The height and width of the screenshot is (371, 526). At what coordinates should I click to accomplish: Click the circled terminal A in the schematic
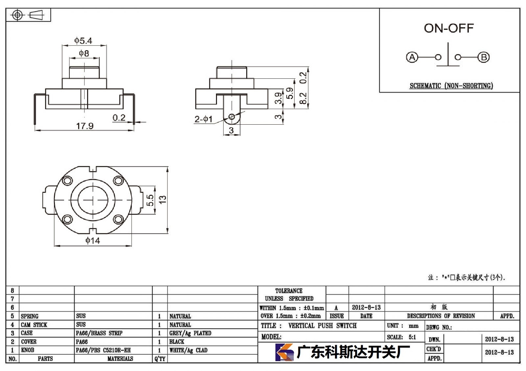point(412,57)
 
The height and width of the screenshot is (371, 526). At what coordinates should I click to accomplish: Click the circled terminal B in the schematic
point(484,57)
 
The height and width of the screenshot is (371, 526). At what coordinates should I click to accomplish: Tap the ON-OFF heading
point(449,28)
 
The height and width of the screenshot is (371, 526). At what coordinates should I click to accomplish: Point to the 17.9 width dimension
point(85,126)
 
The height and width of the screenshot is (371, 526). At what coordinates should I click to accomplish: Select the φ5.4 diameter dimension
point(84,41)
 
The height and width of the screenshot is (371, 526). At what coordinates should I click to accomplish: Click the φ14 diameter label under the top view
point(93,240)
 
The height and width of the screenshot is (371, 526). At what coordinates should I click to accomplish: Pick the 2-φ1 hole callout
point(203,119)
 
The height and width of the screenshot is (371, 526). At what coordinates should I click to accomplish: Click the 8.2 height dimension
point(303,98)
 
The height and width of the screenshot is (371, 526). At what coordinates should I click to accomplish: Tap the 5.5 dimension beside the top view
point(150,200)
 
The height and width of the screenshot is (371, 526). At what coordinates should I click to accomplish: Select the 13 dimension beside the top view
point(162,200)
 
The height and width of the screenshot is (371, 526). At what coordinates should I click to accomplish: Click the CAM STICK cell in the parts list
point(34,325)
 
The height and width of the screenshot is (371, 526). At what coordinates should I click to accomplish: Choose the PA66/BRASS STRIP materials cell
point(99,333)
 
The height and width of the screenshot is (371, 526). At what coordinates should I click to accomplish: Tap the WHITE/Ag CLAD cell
point(188,350)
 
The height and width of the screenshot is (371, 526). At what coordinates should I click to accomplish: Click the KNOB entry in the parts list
point(28,350)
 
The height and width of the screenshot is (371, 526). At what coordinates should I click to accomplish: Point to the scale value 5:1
point(412,337)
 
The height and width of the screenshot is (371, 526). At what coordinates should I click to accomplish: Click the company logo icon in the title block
point(284,352)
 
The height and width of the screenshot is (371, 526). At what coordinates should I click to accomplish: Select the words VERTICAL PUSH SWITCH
point(323,326)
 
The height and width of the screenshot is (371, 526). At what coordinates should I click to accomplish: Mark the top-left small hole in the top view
point(67,180)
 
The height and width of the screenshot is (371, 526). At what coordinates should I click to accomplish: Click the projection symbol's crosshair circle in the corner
point(17,15)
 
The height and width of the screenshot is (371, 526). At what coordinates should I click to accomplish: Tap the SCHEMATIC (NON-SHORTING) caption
point(451,86)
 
